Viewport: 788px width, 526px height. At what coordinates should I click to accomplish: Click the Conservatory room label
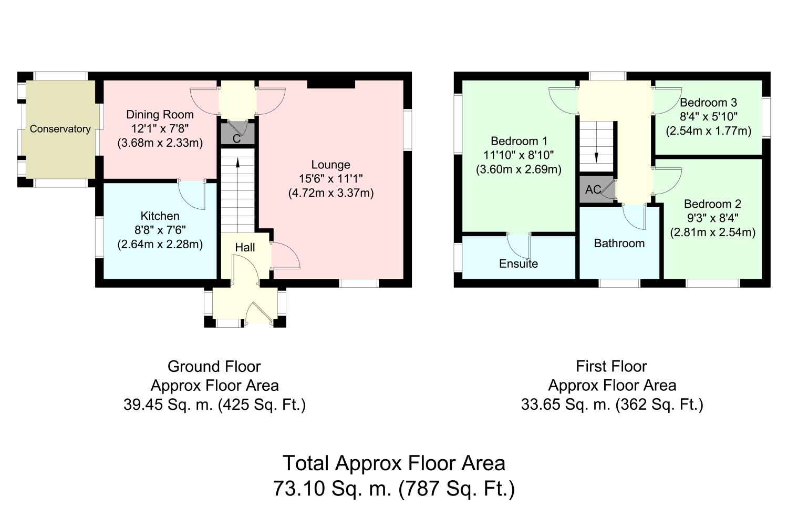60,129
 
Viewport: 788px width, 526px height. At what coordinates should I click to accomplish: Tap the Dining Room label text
160,115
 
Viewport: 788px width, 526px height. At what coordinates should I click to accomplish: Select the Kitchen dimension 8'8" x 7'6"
160,230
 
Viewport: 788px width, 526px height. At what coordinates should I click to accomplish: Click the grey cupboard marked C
237,133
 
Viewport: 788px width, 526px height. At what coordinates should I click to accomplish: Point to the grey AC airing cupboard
597,189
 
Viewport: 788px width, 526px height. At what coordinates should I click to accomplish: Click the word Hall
245,247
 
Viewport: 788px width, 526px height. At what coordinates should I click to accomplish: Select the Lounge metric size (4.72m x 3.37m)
331,193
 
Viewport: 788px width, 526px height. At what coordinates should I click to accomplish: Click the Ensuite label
519,264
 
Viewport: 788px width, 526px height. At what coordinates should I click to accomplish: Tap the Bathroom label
619,243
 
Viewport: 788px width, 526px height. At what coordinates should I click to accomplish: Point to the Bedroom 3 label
708,103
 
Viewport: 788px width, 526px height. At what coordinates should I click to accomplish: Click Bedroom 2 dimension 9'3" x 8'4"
713,218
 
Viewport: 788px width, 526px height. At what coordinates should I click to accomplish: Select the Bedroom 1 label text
519,141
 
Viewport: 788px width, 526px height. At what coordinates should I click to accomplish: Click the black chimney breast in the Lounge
331,84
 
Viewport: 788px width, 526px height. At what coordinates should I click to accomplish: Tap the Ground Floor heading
214,367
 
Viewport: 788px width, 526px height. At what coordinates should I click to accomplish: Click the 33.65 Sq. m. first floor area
565,404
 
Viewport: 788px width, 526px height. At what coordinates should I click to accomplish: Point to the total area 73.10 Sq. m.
333,488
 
